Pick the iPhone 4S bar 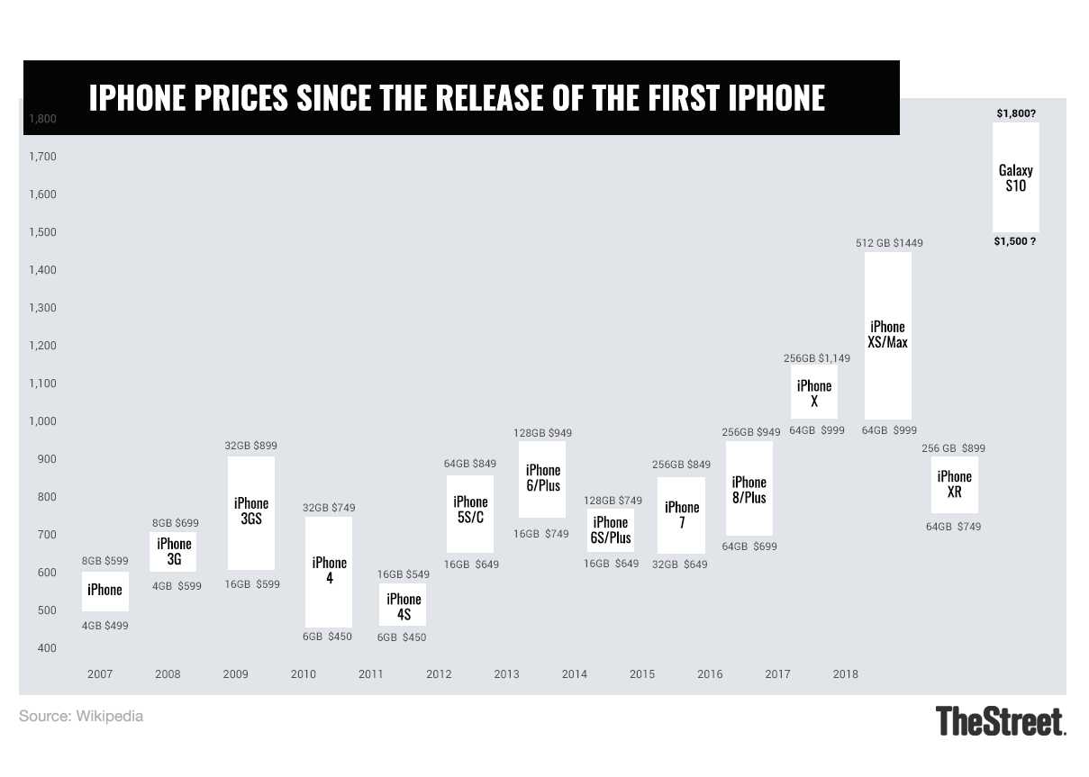tap(403, 605)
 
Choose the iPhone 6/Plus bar tap(542, 478)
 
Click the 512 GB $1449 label tap(889, 243)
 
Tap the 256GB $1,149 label tap(816, 358)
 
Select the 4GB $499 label tap(104, 626)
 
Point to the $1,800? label tap(1015, 113)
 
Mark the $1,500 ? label tap(1015, 242)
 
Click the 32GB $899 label tap(250, 445)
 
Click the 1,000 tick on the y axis tap(41, 421)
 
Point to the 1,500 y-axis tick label tap(41, 232)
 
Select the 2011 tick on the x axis tap(371, 673)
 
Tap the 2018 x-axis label tap(846, 673)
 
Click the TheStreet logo tap(1001, 721)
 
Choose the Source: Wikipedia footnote tap(81, 717)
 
